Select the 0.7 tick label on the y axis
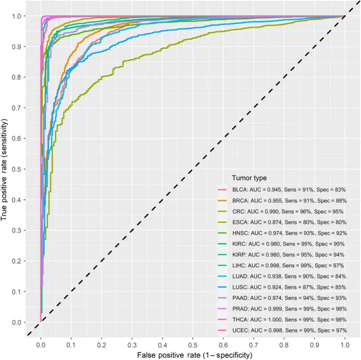20,108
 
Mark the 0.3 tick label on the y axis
20,231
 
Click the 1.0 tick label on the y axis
20,16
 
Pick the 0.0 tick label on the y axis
20,322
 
